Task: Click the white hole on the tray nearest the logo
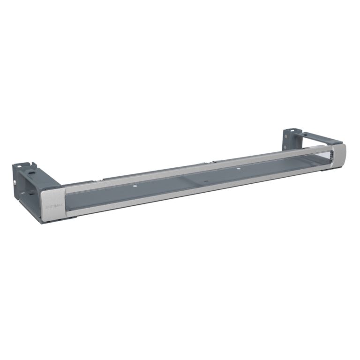[135, 187]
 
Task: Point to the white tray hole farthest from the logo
[238, 168]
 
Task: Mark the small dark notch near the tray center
[205, 180]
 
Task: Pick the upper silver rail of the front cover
[197, 168]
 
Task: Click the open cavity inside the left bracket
[30, 192]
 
